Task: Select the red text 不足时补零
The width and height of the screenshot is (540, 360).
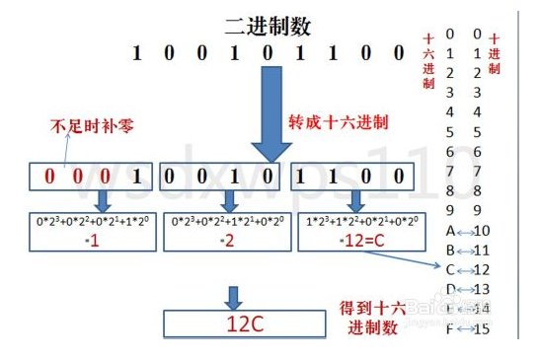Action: tap(93, 126)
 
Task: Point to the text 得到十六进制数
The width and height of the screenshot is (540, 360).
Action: tap(370, 318)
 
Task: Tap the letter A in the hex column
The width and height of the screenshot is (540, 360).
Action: tap(450, 231)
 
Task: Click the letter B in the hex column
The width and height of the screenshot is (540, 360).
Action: tap(450, 250)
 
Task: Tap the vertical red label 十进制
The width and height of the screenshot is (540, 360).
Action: tap(495, 55)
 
